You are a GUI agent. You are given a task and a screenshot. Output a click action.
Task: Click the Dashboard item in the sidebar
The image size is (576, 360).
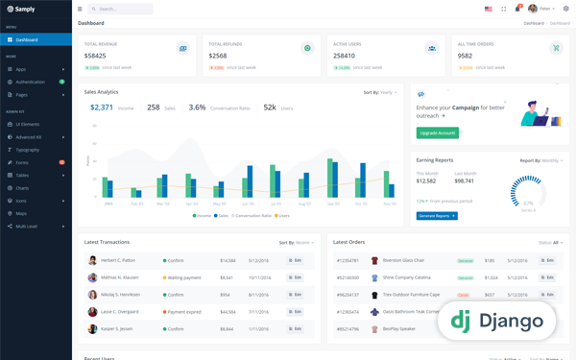[x=27, y=39]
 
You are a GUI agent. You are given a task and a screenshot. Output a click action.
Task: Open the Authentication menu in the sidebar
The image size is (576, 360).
[x=30, y=82]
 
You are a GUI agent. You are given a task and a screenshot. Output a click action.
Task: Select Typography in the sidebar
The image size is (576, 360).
[x=28, y=150]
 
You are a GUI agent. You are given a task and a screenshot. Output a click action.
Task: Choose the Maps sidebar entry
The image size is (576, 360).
[x=21, y=213]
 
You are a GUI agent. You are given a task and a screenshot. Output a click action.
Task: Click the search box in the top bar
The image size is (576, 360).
[x=120, y=9]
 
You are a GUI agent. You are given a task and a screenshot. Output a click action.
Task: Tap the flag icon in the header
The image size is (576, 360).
[x=488, y=9]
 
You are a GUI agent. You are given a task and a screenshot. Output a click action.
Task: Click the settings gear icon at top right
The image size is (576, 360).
[x=566, y=9]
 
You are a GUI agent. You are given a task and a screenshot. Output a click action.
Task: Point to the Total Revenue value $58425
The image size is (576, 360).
[x=95, y=56]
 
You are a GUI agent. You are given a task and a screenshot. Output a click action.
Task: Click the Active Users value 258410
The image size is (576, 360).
[x=344, y=56]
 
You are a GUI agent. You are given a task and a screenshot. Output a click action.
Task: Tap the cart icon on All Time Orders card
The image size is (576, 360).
[x=557, y=48]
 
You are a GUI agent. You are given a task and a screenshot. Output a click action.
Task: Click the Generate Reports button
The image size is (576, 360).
[x=437, y=216]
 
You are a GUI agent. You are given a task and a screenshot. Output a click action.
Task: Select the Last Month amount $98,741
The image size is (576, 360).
[x=465, y=180]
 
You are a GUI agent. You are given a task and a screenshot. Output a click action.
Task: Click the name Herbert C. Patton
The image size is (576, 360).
[x=118, y=260]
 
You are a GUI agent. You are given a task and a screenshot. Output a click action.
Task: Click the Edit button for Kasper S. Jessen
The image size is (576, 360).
[x=296, y=328]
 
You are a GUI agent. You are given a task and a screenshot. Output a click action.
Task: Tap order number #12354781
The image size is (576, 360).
[x=348, y=260]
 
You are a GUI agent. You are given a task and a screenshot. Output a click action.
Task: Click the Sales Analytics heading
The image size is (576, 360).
[x=102, y=92]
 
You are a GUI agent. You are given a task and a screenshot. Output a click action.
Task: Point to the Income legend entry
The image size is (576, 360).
[x=202, y=216]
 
